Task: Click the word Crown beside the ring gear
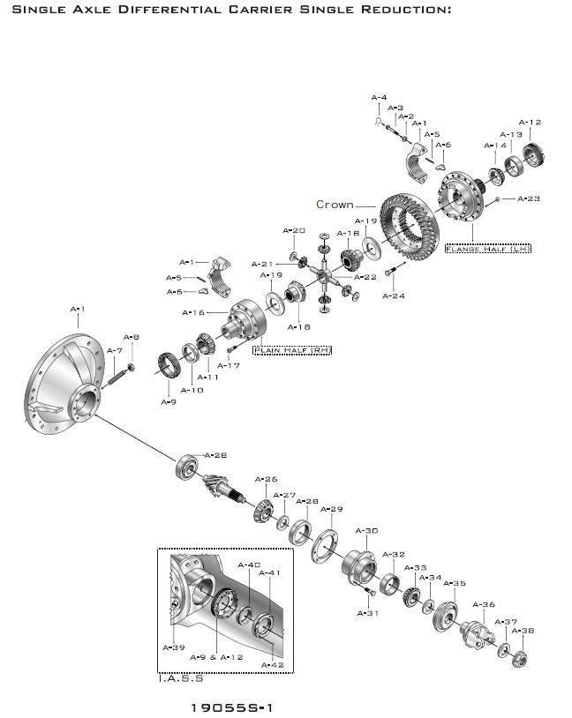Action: coord(335,205)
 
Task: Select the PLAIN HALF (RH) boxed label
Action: coord(292,350)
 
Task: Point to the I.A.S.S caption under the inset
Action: coord(180,678)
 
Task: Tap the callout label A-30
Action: coord(366,530)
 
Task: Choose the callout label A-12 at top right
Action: coord(530,123)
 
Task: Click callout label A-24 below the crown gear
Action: coord(393,296)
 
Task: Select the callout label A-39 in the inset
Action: coord(173,646)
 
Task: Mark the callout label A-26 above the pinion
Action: coord(266,480)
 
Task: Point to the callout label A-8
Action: coord(131,337)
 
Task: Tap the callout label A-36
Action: coord(484,604)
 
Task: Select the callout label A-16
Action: coord(193,312)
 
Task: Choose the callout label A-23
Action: coord(528,198)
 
